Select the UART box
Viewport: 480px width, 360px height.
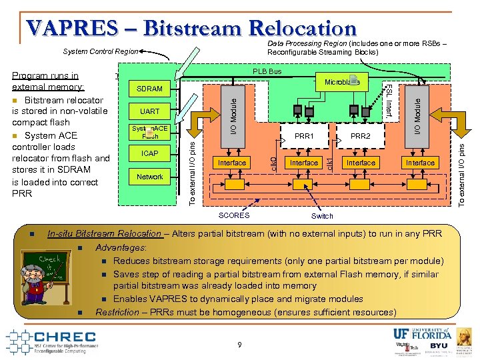pos(149,111)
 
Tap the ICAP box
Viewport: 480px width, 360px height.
pos(149,153)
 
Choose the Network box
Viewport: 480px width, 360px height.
pos(149,177)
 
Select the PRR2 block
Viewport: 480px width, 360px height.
pos(360,137)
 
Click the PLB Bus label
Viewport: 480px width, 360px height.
pos(267,71)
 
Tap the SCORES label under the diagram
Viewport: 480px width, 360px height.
pos(234,215)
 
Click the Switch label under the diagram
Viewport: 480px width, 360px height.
pos(323,216)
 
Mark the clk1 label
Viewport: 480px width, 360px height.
pos(329,162)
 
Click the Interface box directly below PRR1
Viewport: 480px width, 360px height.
pos(303,163)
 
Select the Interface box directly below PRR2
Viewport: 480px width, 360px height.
pos(361,163)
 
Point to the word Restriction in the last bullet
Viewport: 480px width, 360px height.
pos(118,312)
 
